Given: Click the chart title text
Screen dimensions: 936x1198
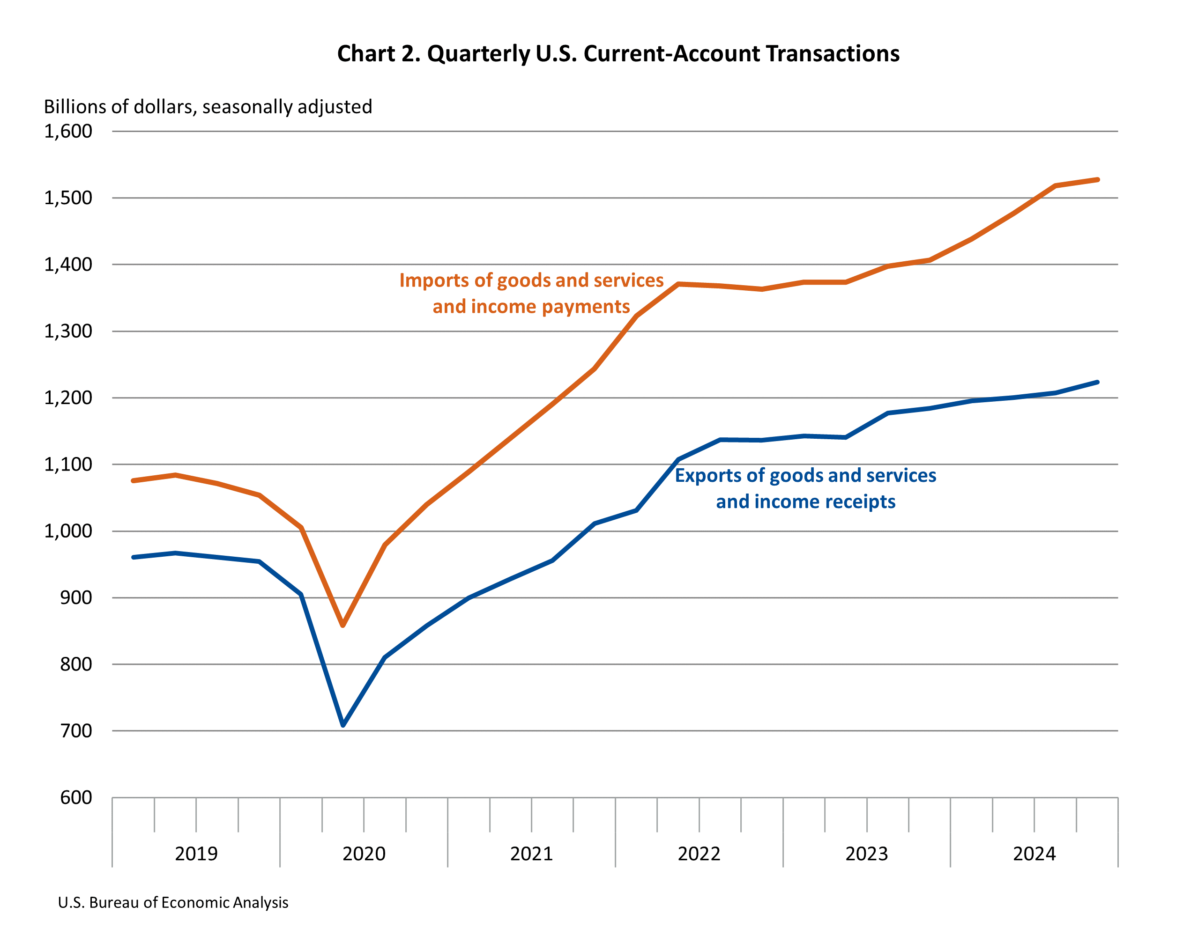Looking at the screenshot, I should point(618,54).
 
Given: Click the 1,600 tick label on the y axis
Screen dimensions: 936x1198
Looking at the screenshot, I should point(68,131).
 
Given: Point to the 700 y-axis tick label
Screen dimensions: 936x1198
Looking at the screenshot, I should point(76,730).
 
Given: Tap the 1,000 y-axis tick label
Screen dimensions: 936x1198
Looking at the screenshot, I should point(68,531).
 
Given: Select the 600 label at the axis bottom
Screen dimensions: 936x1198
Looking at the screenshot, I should point(76,797).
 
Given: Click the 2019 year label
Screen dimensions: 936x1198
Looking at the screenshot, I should point(196,854).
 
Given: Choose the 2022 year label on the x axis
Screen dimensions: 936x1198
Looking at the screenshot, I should point(699,854).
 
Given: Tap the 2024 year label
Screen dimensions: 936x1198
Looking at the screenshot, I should point(1034,854).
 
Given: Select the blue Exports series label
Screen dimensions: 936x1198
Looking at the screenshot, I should point(805,488).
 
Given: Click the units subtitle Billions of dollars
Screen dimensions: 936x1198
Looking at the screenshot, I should point(208,106).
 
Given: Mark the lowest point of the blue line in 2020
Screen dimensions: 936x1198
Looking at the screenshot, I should point(343,725).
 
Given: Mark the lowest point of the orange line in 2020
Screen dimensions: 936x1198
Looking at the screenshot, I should point(343,625).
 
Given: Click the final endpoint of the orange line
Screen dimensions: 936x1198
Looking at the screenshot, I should point(1097,179).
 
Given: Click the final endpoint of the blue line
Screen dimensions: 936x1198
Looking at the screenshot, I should point(1097,382).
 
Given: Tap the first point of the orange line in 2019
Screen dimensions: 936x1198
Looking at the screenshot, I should point(134,480).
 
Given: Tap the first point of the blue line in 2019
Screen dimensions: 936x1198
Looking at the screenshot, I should point(134,557).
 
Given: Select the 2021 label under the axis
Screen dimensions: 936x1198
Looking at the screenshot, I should point(531,854).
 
